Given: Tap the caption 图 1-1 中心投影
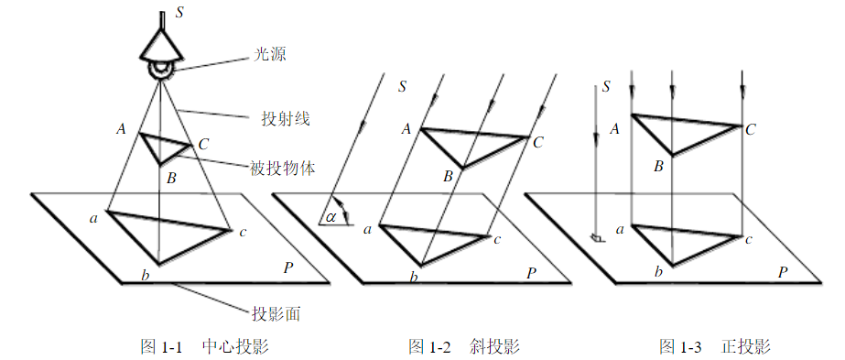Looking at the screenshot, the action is point(203,347).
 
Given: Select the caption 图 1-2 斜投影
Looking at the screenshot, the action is point(464,347).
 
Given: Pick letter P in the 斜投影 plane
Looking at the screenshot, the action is point(532,272).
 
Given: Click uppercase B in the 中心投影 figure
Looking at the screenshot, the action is point(170,178).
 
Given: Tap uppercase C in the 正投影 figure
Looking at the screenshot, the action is point(750,129).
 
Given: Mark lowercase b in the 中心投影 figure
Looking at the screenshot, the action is point(144,275).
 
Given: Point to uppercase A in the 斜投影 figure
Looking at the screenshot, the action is point(405,129).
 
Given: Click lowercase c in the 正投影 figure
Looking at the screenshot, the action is point(749,240).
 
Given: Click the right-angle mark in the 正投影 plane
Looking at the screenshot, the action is point(597,237).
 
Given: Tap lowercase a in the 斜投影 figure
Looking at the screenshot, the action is point(367,229).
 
